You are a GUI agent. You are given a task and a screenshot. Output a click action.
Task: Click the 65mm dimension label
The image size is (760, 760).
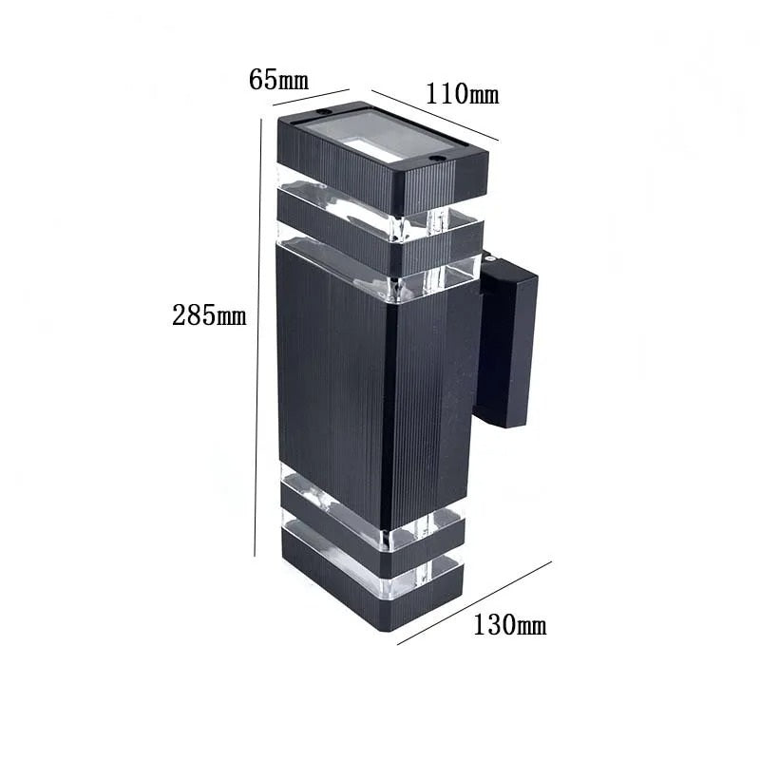point(278,79)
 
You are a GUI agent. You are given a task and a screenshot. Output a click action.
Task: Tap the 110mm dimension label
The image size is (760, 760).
point(462,94)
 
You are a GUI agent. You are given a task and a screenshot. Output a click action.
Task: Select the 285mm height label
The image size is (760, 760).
point(209,315)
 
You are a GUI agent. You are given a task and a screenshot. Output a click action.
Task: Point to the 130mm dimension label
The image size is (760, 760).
point(509,625)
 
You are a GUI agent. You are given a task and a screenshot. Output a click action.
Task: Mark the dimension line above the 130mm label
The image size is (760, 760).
point(474,602)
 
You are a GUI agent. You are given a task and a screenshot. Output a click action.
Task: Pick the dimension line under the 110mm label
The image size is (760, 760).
point(434,115)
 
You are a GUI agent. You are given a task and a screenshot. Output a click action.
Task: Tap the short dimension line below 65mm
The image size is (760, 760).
point(311,96)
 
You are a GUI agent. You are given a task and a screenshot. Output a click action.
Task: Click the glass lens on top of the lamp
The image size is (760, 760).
point(380,139)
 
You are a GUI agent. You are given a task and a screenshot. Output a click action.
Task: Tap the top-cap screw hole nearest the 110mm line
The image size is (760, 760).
point(437,158)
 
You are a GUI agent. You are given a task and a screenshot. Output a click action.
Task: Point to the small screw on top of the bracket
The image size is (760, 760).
point(486,257)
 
